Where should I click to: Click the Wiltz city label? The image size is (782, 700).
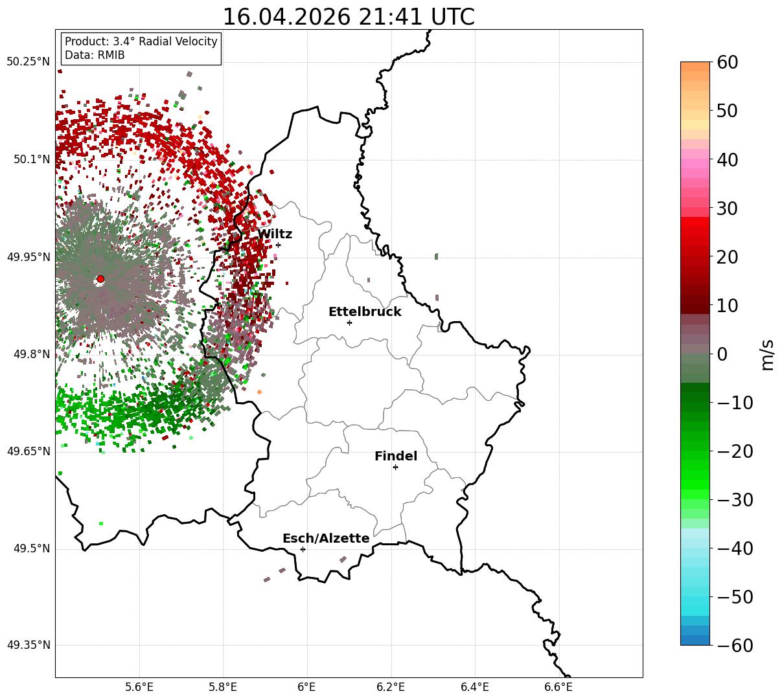coord(275,234)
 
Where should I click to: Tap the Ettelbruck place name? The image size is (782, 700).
coord(365,311)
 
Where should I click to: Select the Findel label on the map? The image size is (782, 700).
coord(396,456)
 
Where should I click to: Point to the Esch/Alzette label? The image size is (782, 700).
coord(326,538)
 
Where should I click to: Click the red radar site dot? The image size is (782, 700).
coord(100,279)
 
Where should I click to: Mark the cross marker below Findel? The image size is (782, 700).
coord(395,468)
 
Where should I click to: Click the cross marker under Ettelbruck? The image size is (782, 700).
coord(349,322)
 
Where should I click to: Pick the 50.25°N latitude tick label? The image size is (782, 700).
coord(28,62)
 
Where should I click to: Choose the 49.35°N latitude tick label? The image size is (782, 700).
coord(29,645)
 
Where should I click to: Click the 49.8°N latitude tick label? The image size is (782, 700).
coord(32,354)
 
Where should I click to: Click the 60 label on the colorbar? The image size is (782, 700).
coord(727,63)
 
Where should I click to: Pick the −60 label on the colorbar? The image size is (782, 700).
coord(735,645)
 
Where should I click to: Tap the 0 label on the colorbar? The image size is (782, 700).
coord(722,354)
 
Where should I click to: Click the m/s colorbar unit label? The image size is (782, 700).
coord(767,355)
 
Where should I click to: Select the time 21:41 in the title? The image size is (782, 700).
coord(391,17)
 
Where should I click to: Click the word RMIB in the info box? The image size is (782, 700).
coord(111,55)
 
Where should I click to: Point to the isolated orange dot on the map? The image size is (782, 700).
coord(259,392)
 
